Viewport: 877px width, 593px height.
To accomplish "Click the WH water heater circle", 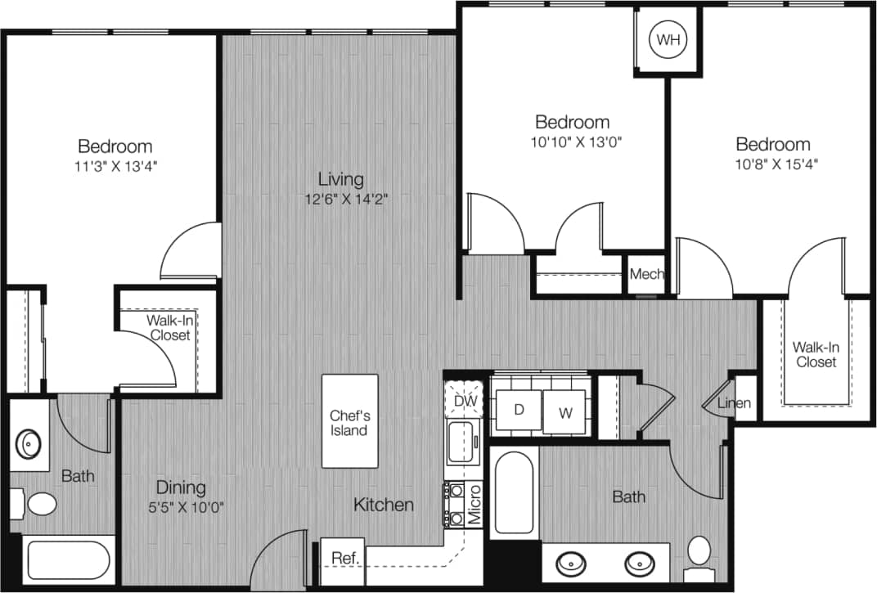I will [668, 38].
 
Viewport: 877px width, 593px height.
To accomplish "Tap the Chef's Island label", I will [349, 422].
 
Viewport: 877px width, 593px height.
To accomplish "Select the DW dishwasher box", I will [464, 401].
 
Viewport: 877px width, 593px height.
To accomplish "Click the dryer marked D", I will [519, 410].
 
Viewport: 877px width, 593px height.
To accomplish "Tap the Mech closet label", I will [646, 275].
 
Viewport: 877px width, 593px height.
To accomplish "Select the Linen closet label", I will [734, 403].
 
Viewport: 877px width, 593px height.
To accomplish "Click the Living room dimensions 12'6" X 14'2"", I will [342, 198].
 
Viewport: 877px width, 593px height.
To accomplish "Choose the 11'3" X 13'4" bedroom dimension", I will [115, 166].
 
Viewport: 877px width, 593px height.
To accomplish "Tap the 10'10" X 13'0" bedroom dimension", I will [573, 141].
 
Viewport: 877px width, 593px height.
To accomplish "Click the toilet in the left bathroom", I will [38, 502].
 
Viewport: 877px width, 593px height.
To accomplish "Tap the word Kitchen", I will [383, 505].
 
